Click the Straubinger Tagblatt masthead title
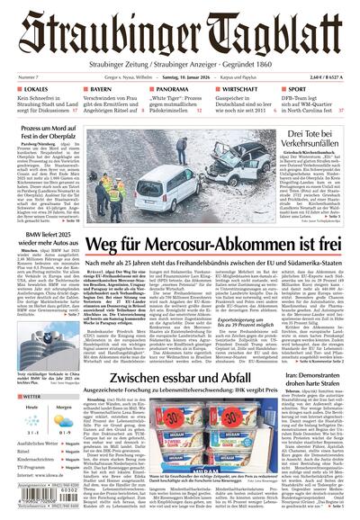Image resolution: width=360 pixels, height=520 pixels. click(180, 32)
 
